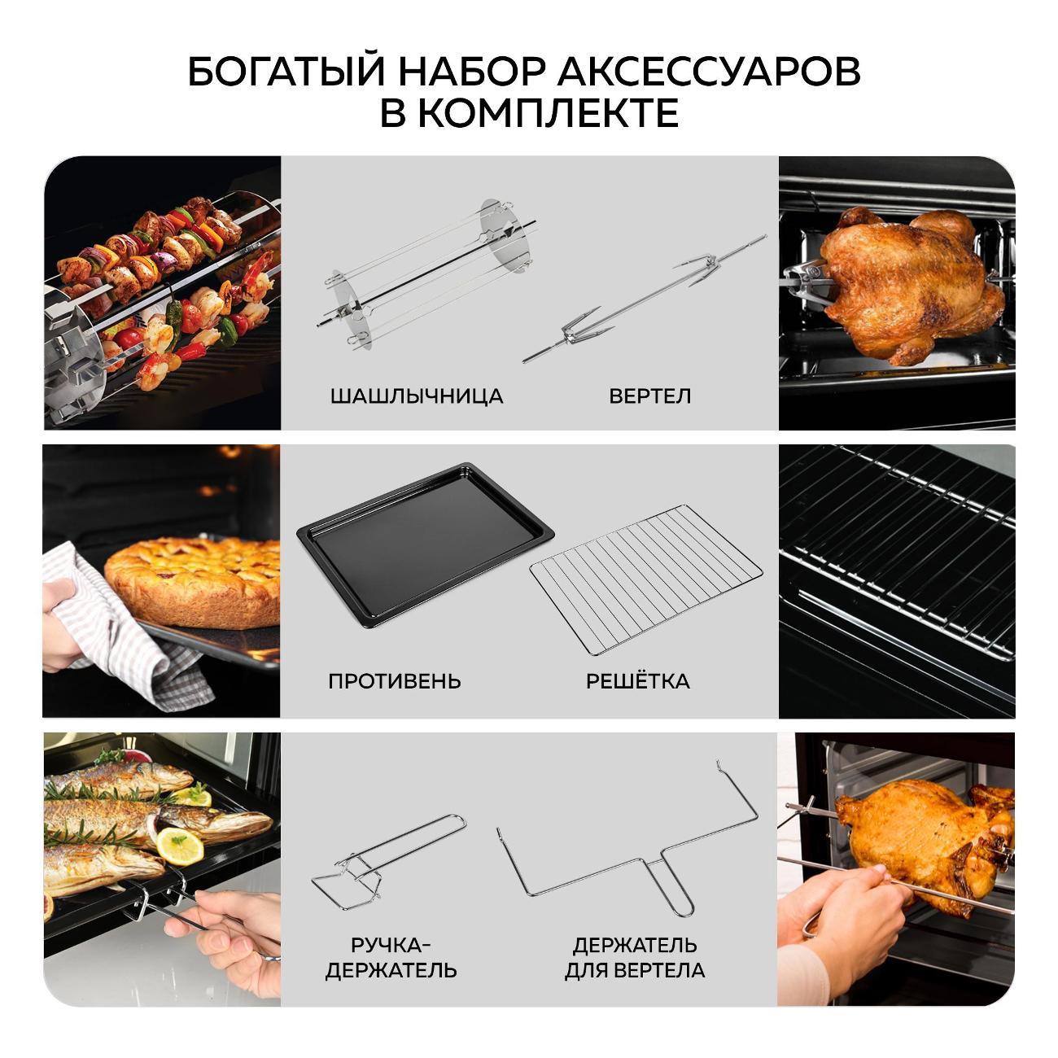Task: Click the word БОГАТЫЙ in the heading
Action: click(x=286, y=72)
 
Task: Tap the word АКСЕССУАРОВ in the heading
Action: click(x=709, y=72)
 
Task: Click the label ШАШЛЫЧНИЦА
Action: click(x=417, y=396)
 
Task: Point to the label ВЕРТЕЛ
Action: click(x=650, y=396)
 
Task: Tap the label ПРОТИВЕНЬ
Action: click(x=394, y=681)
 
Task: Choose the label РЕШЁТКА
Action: click(x=637, y=680)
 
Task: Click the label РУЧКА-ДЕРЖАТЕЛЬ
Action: click(x=391, y=958)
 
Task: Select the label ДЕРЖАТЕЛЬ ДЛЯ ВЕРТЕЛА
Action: click(x=635, y=958)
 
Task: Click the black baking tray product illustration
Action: click(x=425, y=544)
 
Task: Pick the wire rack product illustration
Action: click(x=646, y=579)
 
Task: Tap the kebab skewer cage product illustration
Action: click(x=426, y=274)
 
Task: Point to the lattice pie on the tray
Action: click(x=192, y=583)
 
